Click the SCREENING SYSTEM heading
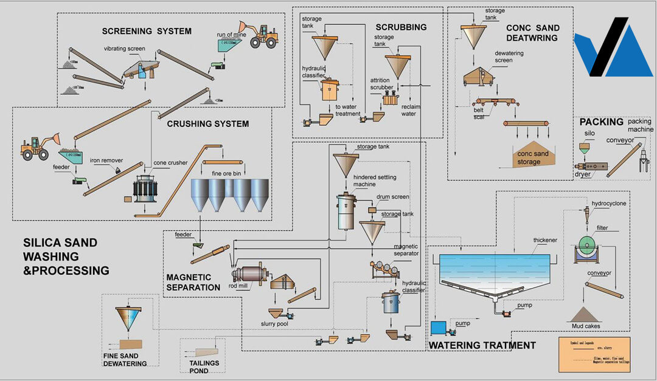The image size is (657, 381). pos(147,31)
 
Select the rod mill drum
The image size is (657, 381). pos(249,275)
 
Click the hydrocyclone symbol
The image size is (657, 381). pos(588,213)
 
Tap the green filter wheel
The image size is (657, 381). pos(586,245)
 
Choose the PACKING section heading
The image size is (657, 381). pos(601,122)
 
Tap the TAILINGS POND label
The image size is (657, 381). pos(204,367)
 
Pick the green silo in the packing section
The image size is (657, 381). pos(585,148)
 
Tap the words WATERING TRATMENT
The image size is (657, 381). pos(482,346)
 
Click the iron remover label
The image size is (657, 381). pos(106,160)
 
